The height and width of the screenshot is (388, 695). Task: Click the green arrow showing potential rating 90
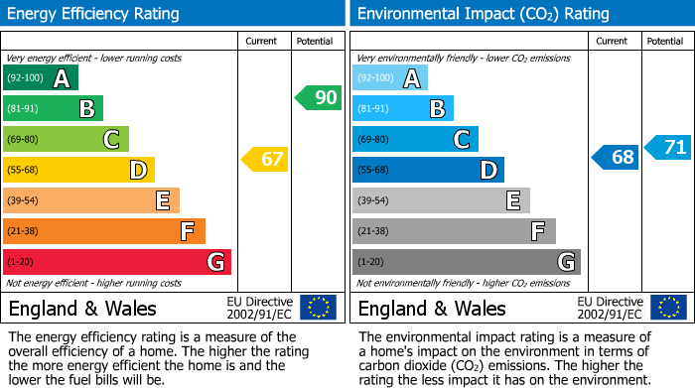click(x=317, y=97)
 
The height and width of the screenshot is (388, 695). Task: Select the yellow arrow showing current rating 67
click(x=265, y=159)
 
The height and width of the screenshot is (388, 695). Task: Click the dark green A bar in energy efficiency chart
click(x=41, y=78)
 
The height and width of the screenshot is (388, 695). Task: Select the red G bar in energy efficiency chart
click(x=117, y=262)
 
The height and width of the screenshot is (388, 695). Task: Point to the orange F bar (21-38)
click(x=104, y=231)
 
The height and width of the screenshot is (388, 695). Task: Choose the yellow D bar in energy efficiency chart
click(x=78, y=170)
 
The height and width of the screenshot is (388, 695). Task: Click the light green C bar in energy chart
click(x=66, y=139)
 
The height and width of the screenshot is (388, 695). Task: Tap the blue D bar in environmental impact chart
click(x=428, y=170)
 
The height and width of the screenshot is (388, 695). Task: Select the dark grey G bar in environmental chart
click(x=466, y=262)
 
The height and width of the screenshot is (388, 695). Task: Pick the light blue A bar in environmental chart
click(x=390, y=78)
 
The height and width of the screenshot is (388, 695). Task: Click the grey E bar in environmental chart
click(x=441, y=200)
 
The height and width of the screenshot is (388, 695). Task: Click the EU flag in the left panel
click(x=318, y=307)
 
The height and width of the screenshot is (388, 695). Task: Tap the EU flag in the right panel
click(x=668, y=307)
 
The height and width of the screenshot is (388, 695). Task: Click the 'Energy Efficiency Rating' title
click(x=94, y=14)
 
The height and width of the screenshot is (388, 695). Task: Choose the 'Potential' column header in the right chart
click(x=665, y=41)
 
